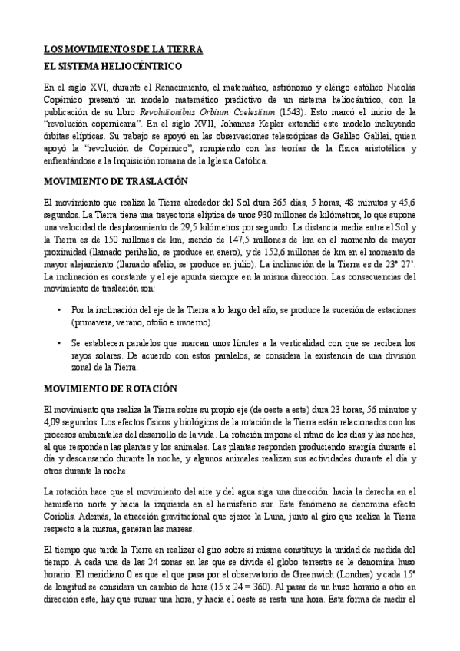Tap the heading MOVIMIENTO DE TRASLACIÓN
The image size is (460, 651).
[x=116, y=182]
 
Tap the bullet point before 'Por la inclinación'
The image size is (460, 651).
[x=60, y=309]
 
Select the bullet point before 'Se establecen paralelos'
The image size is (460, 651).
[x=60, y=344]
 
